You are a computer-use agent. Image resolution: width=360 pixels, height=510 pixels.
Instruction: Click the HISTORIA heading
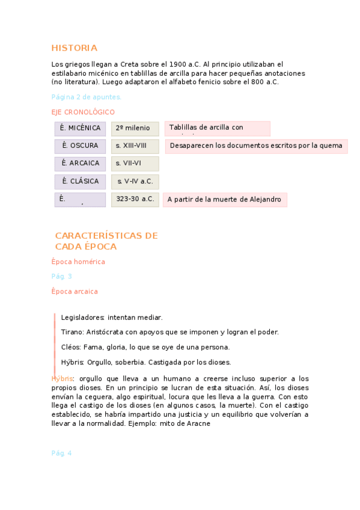(x=74, y=48)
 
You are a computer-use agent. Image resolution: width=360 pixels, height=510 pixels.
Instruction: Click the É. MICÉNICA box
(x=80, y=128)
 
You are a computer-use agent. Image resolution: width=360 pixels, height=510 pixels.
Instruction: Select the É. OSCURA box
(x=80, y=146)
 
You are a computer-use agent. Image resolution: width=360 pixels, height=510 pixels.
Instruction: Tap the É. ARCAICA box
(x=80, y=163)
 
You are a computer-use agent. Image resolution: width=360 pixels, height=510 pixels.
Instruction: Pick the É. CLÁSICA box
(x=80, y=181)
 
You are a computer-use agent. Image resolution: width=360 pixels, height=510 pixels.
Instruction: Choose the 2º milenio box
(x=135, y=128)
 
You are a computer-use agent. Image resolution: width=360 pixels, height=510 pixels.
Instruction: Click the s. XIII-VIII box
(x=135, y=146)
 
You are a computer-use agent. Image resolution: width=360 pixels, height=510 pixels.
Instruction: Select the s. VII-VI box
(x=135, y=163)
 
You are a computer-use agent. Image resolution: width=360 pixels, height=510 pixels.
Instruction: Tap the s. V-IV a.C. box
(x=135, y=181)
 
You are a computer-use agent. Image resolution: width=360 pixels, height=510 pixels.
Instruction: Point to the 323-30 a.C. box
(x=135, y=199)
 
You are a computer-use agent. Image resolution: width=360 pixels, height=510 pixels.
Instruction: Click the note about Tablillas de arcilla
(x=217, y=128)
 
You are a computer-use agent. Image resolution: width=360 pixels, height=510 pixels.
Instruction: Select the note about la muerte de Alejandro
(x=225, y=200)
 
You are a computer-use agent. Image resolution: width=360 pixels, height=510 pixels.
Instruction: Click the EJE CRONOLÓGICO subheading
(x=83, y=112)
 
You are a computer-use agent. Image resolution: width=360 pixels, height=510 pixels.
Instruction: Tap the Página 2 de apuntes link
(x=87, y=97)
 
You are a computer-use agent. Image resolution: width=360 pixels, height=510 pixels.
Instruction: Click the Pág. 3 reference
(x=62, y=277)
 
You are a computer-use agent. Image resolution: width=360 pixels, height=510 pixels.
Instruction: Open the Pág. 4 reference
(x=62, y=453)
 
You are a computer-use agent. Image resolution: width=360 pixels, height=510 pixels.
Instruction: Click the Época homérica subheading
(x=78, y=262)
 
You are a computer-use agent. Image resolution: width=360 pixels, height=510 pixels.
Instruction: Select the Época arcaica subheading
(x=75, y=292)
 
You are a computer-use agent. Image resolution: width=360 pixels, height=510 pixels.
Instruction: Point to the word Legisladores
(x=83, y=318)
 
